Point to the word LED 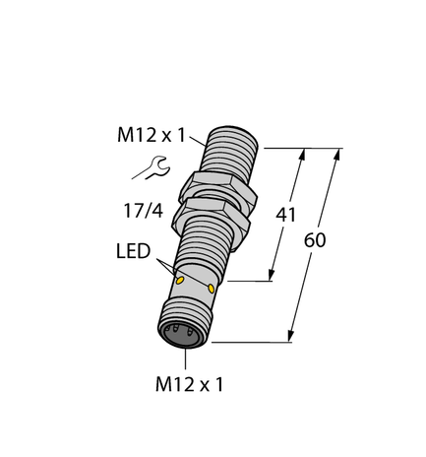(133, 252)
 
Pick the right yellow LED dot (213, 288)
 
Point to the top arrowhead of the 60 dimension (339, 153)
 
